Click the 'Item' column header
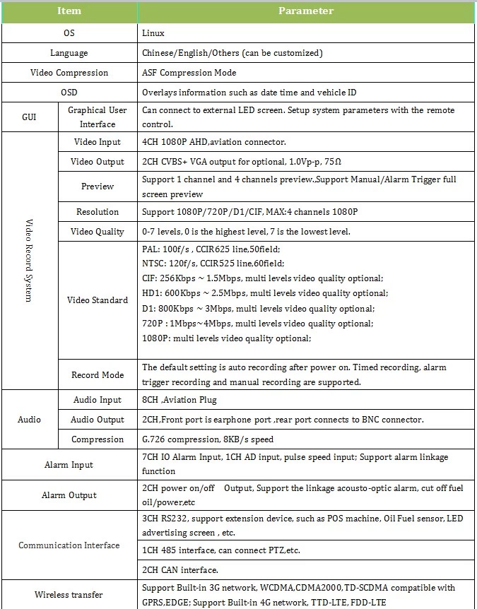click(69, 11)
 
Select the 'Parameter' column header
click(305, 11)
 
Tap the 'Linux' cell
click(153, 33)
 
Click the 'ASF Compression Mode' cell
click(189, 73)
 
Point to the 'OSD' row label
click(69, 93)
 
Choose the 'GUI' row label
click(28, 117)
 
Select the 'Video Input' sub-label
click(98, 142)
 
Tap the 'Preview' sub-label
click(98, 187)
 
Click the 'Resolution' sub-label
click(98, 212)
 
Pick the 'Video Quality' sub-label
click(98, 232)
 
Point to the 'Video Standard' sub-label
click(98, 300)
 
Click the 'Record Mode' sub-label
click(98, 375)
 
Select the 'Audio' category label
click(29, 420)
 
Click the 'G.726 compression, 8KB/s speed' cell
click(204, 439)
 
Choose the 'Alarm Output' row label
click(69, 495)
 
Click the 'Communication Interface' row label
click(69, 545)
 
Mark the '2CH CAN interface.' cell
click(180, 570)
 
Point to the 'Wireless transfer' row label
click(69, 595)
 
